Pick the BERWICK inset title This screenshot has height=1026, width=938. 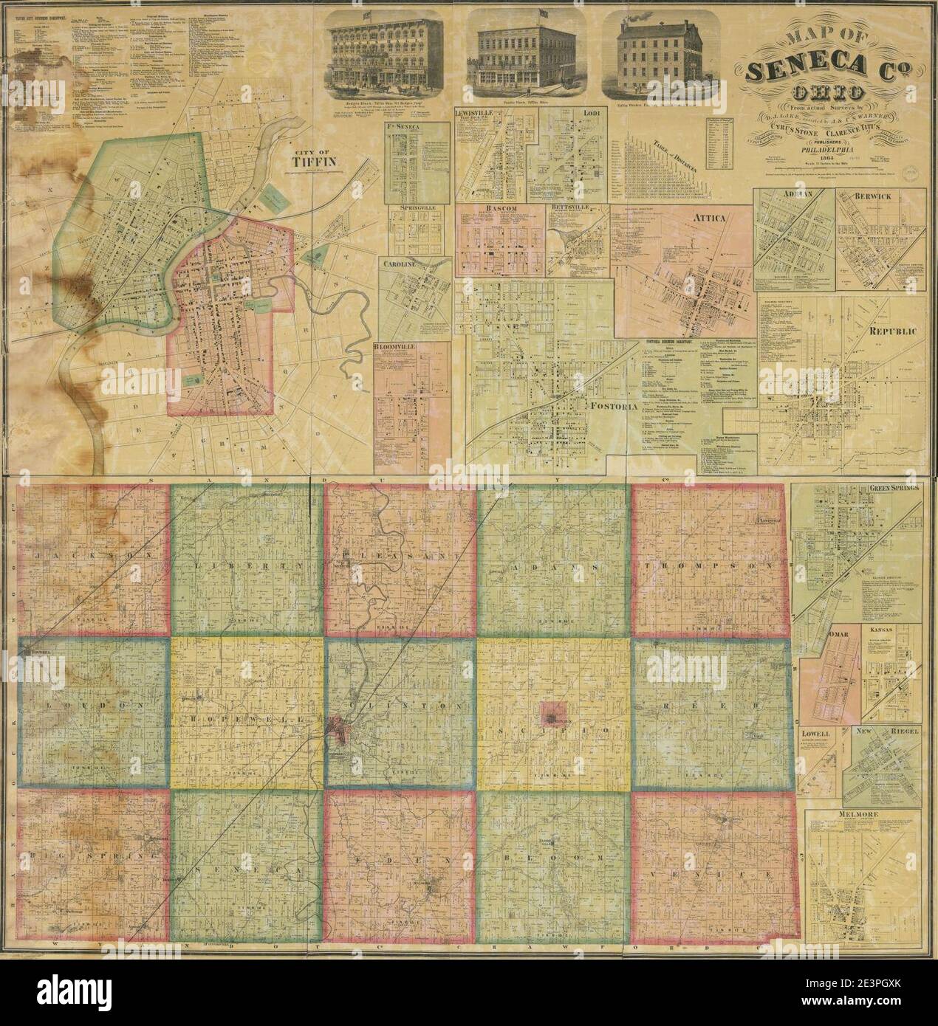click(879, 197)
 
